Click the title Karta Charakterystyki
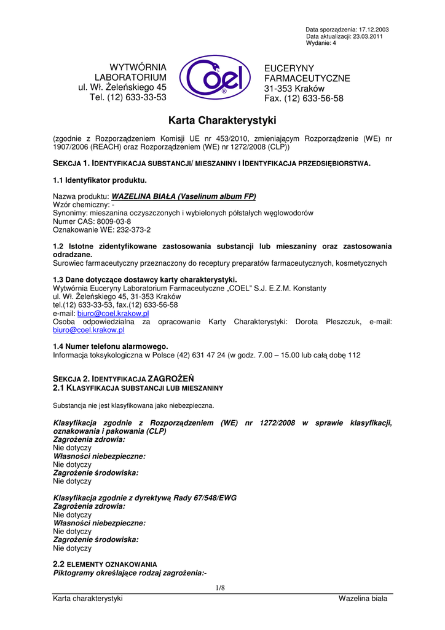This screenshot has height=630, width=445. click(222, 120)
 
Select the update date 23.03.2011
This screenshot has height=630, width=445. click(375, 36)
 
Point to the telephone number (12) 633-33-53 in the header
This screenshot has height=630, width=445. click(136, 97)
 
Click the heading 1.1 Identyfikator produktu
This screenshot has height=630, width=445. click(100, 180)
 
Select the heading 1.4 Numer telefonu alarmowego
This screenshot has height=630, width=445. click(111, 346)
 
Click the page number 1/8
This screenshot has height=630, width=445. click(220, 588)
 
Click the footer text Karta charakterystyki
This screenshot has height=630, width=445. click(88, 599)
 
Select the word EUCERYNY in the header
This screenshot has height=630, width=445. click(289, 68)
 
